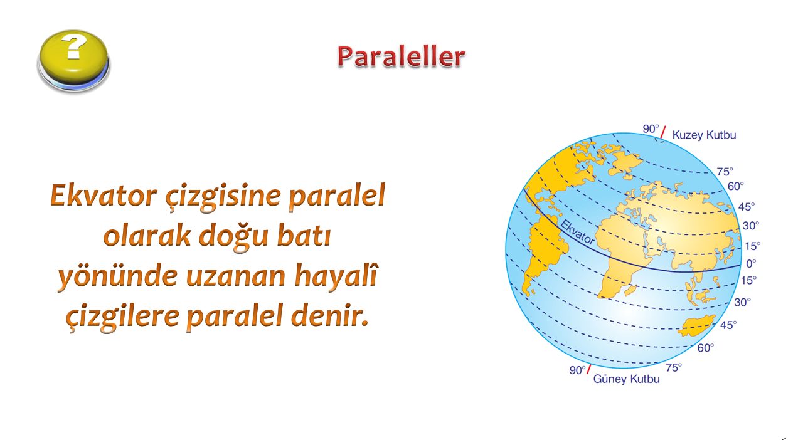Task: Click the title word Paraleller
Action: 401,56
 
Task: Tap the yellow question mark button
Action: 74,61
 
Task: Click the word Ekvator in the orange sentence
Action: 104,196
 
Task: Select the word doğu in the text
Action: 233,236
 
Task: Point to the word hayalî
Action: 336,275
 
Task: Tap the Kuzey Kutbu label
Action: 704,135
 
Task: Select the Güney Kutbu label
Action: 626,379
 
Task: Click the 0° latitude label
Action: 751,264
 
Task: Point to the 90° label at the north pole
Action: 651,128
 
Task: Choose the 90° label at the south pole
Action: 578,370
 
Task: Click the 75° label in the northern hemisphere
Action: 725,172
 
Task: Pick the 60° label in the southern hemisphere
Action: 706,348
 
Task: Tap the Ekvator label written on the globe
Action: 577,233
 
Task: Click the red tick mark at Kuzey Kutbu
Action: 663,132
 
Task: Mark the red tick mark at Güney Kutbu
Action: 588,369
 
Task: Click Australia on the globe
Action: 696,325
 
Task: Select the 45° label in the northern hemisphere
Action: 747,207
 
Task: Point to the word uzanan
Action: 236,276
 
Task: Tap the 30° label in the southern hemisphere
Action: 742,302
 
